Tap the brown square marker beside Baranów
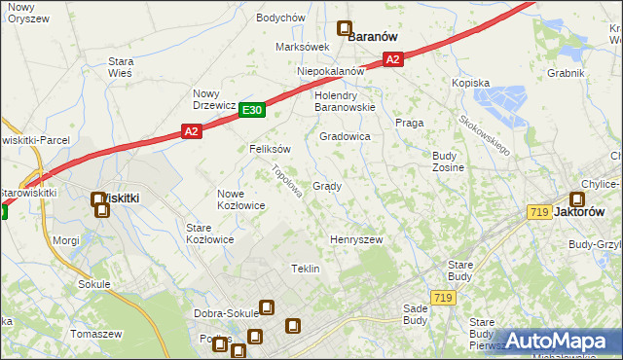[x=344, y=29]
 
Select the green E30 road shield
[x=252, y=111]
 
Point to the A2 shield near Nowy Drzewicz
[x=191, y=131]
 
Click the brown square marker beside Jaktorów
[x=575, y=200]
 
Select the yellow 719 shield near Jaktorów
[x=539, y=212]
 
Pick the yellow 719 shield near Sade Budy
[x=444, y=298]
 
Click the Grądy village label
[x=326, y=186]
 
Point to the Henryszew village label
[x=356, y=238]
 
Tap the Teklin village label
[x=306, y=268]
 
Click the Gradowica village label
[x=346, y=137]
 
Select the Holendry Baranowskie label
[x=345, y=101]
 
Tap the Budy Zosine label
[x=448, y=162]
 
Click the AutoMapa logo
[x=559, y=341]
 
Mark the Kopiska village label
[x=470, y=84]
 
